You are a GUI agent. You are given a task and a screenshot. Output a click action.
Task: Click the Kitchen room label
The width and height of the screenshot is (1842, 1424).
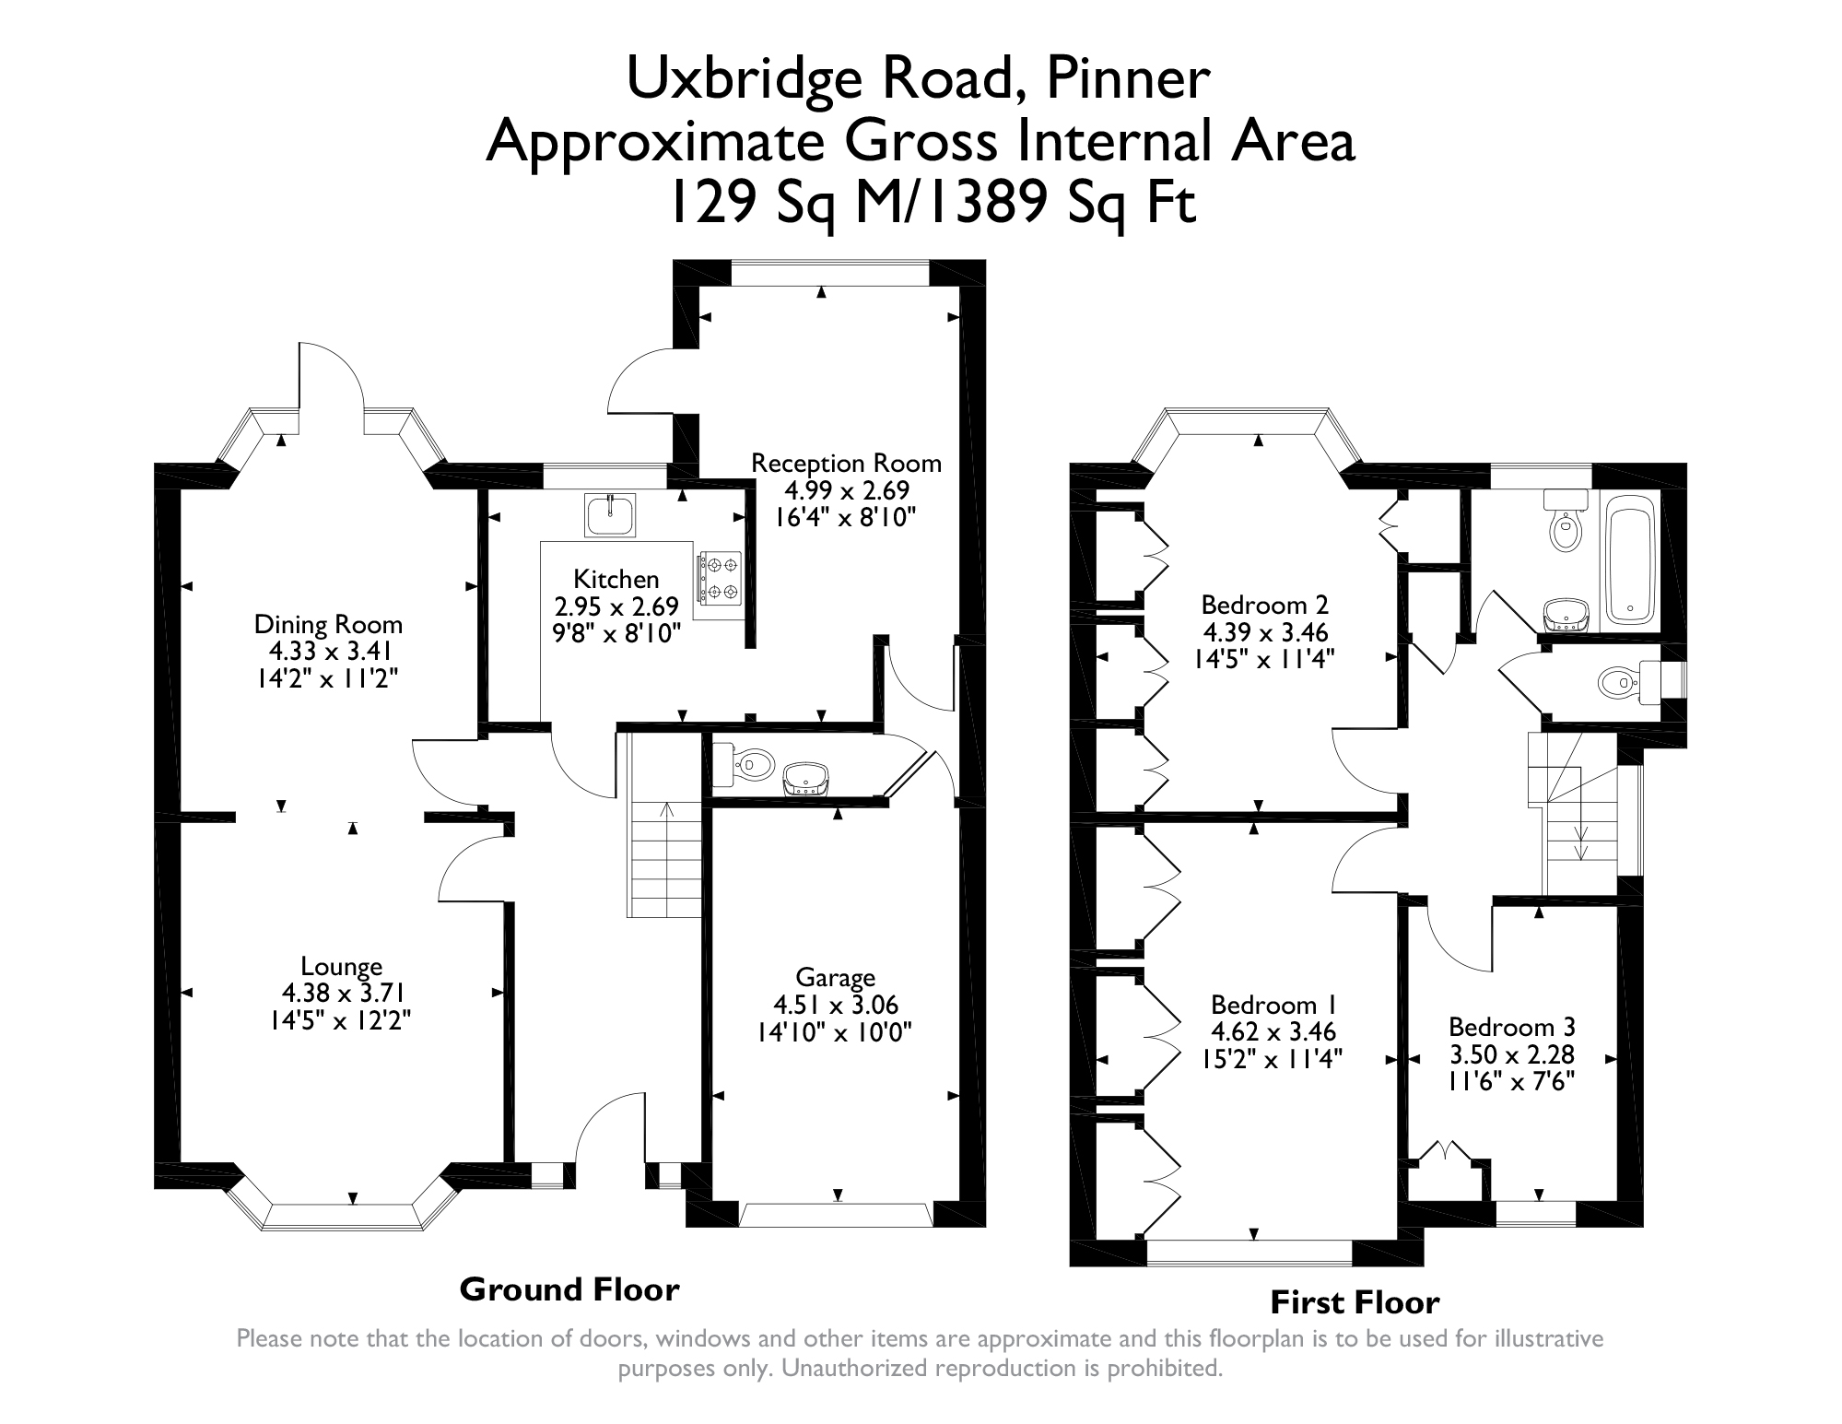[616, 579]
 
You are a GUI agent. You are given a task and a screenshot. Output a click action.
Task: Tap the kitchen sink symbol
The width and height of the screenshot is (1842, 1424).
[610, 515]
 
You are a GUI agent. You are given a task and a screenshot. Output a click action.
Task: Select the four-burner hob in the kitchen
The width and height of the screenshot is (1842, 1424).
[719, 577]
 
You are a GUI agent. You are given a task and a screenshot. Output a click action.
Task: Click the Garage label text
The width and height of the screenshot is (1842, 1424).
[835, 977]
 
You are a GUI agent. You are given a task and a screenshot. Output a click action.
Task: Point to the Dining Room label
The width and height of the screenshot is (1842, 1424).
[328, 625]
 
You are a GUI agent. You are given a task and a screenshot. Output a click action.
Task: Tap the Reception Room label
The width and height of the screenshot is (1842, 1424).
[846, 463]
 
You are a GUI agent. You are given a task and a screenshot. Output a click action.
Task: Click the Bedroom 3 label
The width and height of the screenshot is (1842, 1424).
[1511, 1027]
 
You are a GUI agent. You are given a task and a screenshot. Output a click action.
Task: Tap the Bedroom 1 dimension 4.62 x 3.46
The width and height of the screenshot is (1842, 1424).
[1273, 1032]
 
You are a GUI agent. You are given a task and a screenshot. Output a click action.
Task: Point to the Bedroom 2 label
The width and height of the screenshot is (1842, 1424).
[1264, 605]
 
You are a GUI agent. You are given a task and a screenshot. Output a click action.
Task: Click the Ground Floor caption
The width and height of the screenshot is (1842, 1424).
[569, 1289]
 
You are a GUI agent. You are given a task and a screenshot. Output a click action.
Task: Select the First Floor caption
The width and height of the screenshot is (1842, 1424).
[1355, 1301]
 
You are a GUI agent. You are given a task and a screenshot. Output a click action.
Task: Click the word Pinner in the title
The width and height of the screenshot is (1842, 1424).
[1127, 78]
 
